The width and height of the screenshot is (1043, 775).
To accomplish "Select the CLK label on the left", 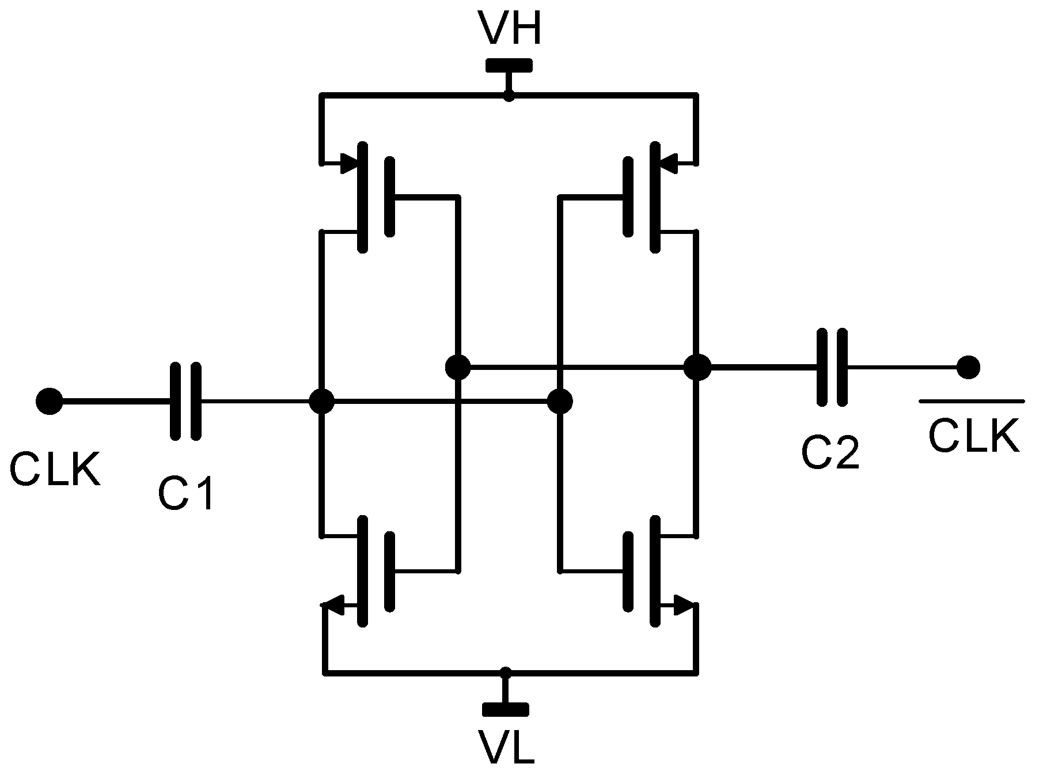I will [x=55, y=470].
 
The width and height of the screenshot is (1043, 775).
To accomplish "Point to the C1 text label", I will [x=186, y=494].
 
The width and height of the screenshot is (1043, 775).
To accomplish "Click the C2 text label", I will [x=830, y=452].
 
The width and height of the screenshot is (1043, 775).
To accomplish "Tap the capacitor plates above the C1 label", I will [x=186, y=401].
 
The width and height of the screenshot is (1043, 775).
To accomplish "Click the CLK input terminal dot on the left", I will [x=49, y=401].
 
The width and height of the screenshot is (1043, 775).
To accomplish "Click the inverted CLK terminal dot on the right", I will [x=969, y=366].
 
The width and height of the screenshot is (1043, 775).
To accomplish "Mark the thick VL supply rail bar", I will [x=506, y=709].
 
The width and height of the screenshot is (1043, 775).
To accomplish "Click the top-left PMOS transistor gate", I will [x=390, y=197].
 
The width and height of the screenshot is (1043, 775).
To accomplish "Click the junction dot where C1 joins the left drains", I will [x=321, y=401].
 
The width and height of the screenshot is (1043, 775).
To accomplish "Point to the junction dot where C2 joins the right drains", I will [x=697, y=366].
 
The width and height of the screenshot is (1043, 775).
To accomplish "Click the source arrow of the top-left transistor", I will [x=348, y=164].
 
